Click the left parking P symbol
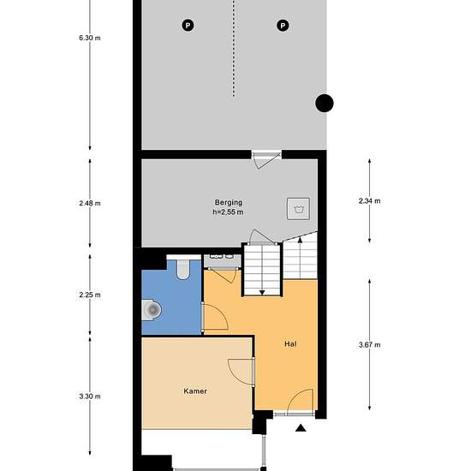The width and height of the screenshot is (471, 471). point(188,25)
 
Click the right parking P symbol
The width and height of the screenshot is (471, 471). point(283,25)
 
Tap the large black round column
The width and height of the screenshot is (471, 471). point(325,103)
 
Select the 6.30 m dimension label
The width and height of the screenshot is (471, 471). point(90,38)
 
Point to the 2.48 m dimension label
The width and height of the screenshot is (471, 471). point(90,203)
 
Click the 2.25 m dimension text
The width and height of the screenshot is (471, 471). point(90,295)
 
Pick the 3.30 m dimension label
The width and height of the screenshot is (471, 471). point(90,396)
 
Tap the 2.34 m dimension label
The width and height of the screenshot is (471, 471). point(369,201)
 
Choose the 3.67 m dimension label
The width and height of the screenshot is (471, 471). point(369,345)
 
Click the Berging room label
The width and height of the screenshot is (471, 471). point(229,202)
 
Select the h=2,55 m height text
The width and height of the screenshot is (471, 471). point(228,212)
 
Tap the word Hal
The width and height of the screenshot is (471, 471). point(290,344)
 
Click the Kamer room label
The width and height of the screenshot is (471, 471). point(195,391)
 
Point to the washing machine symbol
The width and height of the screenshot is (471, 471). point(298,209)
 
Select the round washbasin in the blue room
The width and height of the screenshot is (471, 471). point(152,309)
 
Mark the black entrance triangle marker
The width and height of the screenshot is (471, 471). point(301,427)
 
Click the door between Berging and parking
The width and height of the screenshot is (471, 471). point(265,160)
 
